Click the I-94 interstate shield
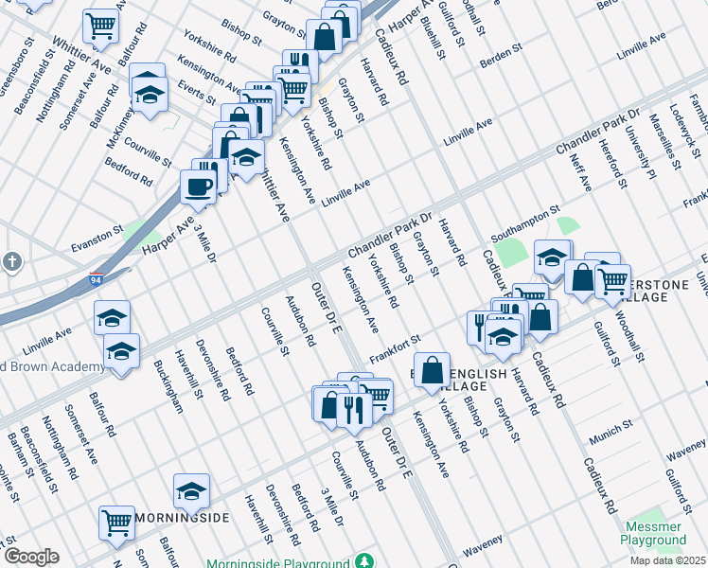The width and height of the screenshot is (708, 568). pos(96,280)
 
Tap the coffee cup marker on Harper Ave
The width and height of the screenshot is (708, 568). pos(198,186)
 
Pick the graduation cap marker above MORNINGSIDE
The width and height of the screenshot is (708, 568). pos(191,490)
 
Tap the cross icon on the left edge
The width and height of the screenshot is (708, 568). pos(10,261)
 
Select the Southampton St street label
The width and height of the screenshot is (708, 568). pos(525,223)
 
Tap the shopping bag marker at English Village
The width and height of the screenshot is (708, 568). pos(432,370)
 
